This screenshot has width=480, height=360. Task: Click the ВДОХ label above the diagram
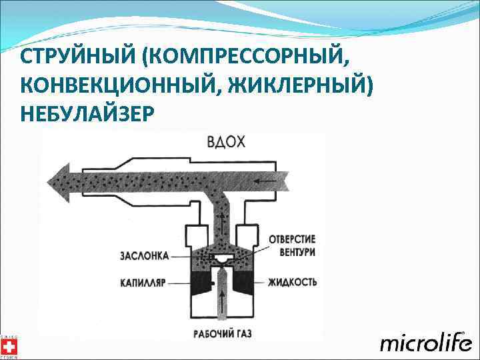click(226, 142)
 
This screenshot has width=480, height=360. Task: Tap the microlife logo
click(425, 342)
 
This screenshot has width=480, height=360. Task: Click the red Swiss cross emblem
click(8, 346)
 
